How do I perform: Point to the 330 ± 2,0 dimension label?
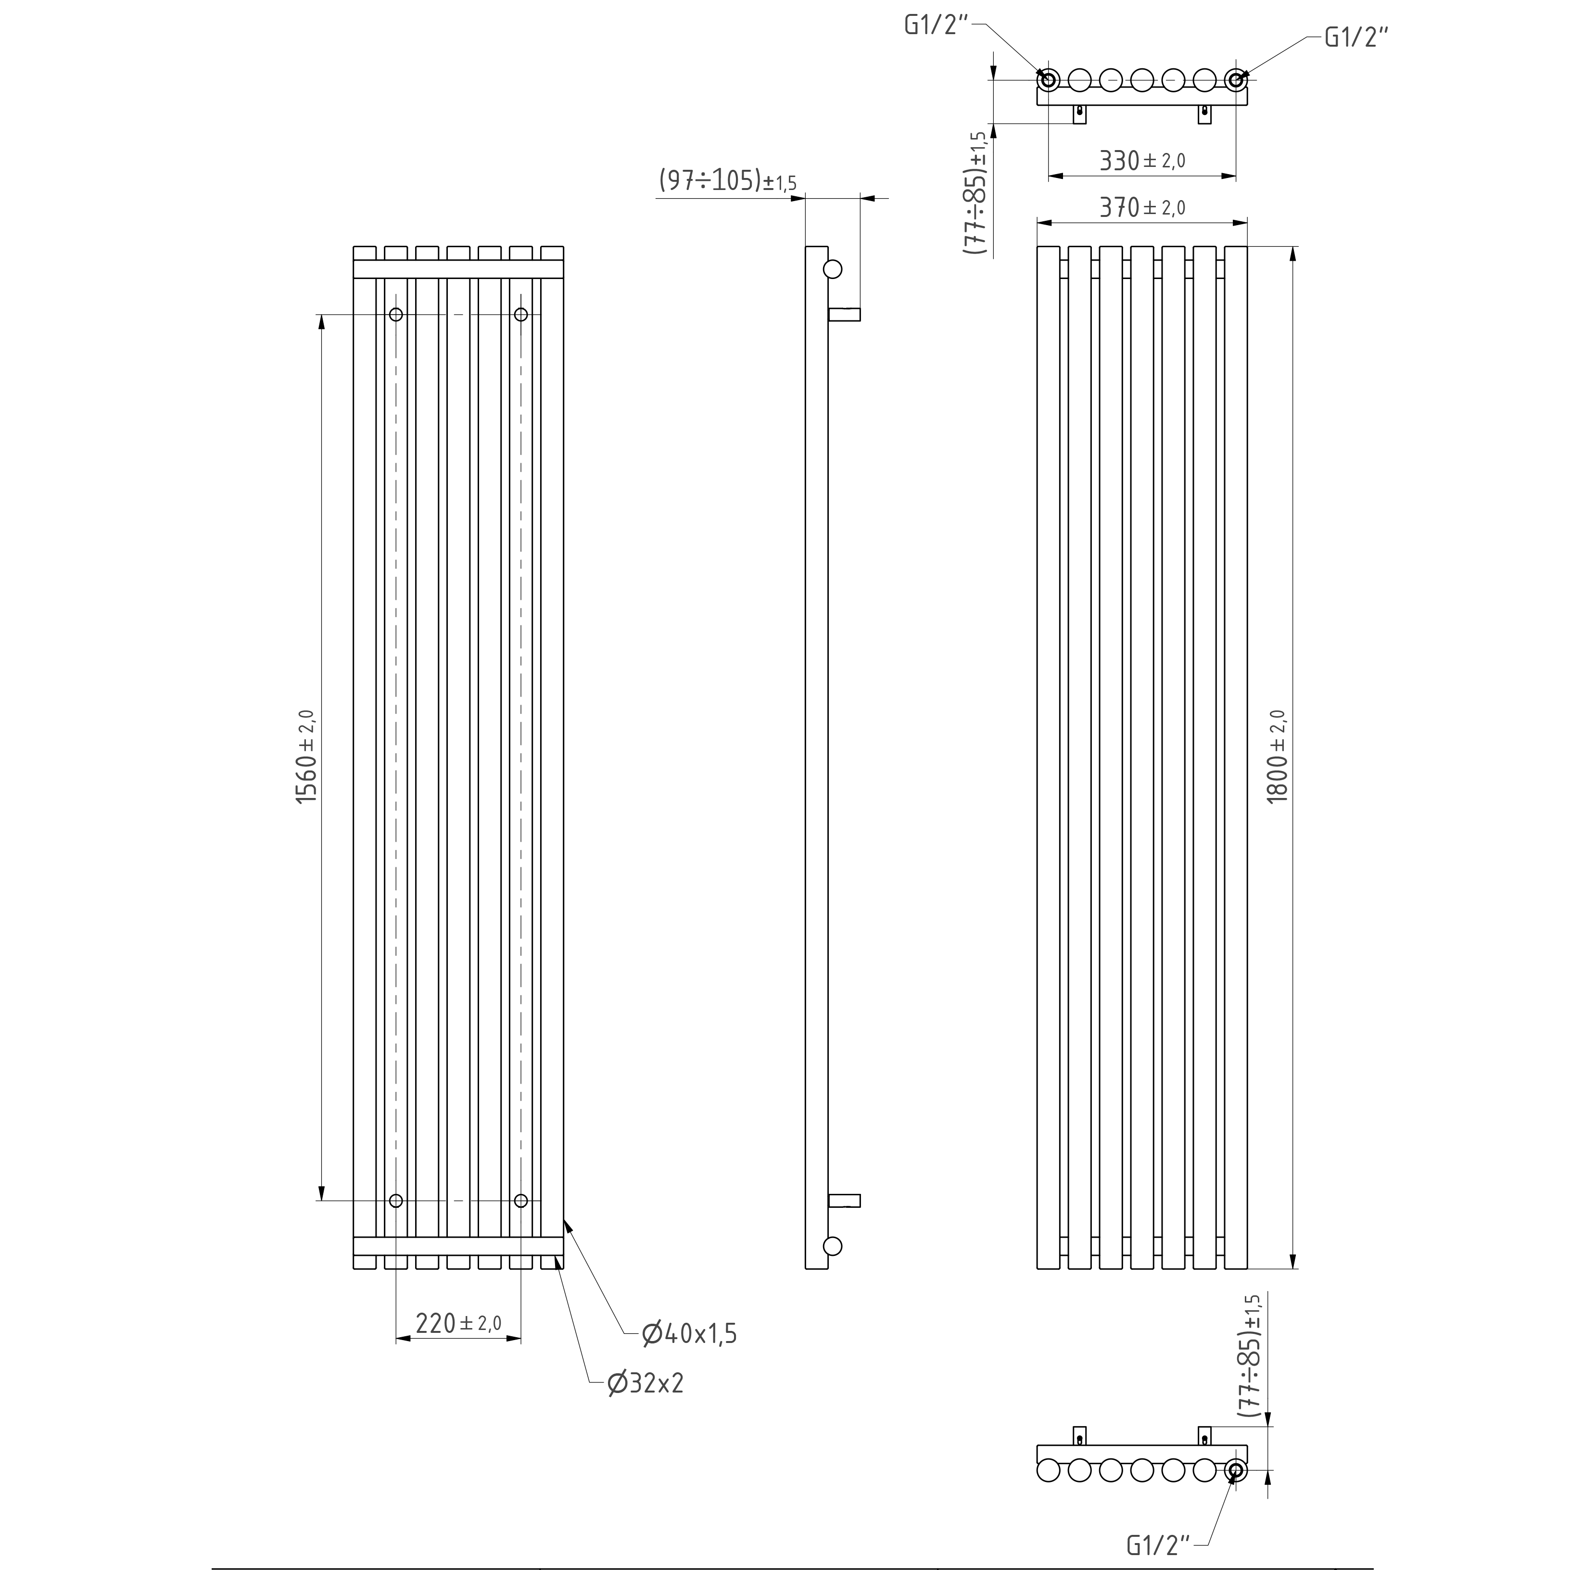pyautogui.click(x=1142, y=161)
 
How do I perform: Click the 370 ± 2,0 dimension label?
pyautogui.click(x=1142, y=208)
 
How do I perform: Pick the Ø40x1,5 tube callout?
pyautogui.click(x=689, y=1333)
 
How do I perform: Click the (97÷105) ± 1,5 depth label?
pyautogui.click(x=727, y=181)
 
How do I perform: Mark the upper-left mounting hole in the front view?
pyautogui.click(x=396, y=315)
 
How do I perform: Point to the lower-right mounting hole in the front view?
pyautogui.click(x=521, y=1201)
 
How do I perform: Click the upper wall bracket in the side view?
pyautogui.click(x=844, y=315)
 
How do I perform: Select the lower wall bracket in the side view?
pyautogui.click(x=844, y=1201)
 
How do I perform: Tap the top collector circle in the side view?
pyautogui.click(x=833, y=269)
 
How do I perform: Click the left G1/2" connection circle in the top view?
pyautogui.click(x=1048, y=80)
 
